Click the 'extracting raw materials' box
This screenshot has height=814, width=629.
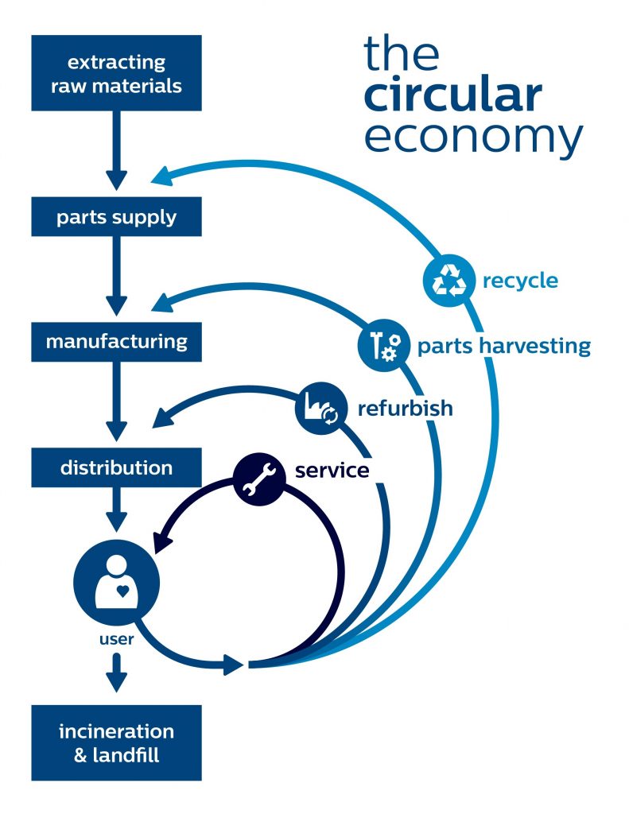point(116,73)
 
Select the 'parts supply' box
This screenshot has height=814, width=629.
point(116,216)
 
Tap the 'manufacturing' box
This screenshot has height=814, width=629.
point(116,342)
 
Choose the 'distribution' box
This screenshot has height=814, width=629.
point(116,467)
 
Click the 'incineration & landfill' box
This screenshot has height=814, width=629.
point(116,742)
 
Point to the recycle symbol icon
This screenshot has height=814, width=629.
point(449,281)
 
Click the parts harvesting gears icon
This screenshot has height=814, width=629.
point(384,345)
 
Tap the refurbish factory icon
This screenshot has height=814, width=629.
point(321,408)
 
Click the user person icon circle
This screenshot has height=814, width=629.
point(117,581)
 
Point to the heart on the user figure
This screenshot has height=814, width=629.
point(122,591)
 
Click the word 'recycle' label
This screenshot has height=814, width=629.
point(520,281)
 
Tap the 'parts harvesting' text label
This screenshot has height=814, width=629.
point(504,347)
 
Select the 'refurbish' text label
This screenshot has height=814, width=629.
point(405,408)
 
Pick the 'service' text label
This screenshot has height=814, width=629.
point(332,471)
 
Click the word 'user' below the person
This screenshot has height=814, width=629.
point(116,639)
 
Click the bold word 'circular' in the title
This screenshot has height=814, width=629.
point(453,95)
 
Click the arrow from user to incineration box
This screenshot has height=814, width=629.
point(116,673)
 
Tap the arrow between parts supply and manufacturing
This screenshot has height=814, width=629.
point(116,276)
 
